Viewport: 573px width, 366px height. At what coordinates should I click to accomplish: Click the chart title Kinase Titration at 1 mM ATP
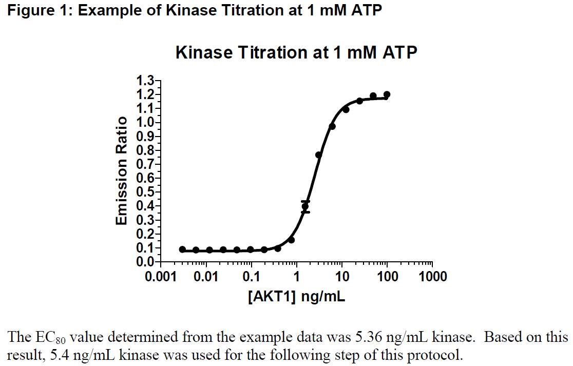296,52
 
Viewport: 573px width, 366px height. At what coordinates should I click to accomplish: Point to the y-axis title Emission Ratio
121,171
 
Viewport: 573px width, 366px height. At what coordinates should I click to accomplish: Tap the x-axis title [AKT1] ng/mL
296,297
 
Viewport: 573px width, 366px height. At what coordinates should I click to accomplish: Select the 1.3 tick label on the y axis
145,81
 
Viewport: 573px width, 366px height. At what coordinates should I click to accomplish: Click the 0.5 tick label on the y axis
145,192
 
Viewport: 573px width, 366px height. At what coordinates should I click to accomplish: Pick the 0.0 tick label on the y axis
145,262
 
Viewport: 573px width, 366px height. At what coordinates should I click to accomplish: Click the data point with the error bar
305,207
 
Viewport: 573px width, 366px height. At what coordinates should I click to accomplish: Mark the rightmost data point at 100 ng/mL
387,94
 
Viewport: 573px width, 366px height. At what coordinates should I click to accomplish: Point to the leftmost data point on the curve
182,249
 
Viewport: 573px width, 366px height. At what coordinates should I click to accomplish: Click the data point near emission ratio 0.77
319,155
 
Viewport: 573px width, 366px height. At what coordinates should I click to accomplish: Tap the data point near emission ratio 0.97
332,126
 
